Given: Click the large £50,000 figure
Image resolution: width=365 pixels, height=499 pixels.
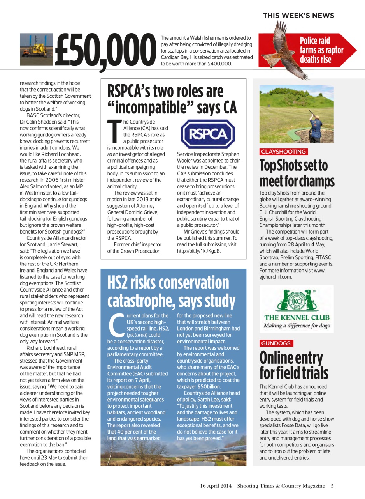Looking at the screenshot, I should coord(103,51).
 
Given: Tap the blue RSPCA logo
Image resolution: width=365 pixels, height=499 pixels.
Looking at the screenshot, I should coord(208,134).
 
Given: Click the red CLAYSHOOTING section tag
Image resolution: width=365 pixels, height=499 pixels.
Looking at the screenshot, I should coord(283,152).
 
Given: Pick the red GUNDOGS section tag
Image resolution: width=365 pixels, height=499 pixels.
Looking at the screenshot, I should coord(276,343).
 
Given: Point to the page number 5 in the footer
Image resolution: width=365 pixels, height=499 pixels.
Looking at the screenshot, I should coord(332,486).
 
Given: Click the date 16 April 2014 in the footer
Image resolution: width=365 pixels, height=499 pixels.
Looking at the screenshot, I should coord(216,486).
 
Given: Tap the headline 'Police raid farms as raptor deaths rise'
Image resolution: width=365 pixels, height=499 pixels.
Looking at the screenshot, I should coord(321,50).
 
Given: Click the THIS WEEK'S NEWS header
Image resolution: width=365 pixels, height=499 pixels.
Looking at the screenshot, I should coord(298,16).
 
